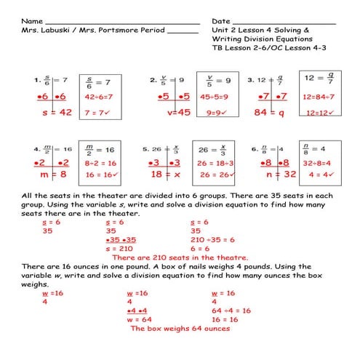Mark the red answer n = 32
pyautogui.click(x=278, y=175)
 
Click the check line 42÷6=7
pyautogui.click(x=100, y=95)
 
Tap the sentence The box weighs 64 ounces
pyautogui.click(x=180, y=328)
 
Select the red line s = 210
pyautogui.click(x=120, y=248)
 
